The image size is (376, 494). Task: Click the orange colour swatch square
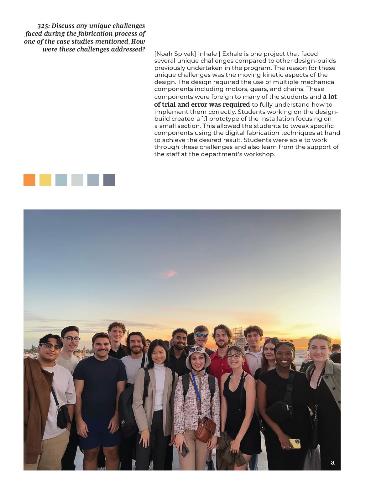[29, 180]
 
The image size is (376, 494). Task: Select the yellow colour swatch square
[45, 180]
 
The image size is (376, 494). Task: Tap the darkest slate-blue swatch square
[109, 180]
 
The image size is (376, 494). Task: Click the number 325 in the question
[43, 26]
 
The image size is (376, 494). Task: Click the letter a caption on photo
[333, 462]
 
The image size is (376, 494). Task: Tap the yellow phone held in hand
[295, 444]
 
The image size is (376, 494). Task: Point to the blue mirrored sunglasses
[201, 335]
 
